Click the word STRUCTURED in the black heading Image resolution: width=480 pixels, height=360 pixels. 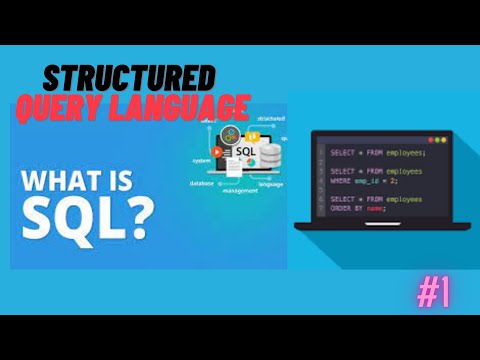click(x=130, y=79)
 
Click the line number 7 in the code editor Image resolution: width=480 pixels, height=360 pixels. click(x=321, y=200)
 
